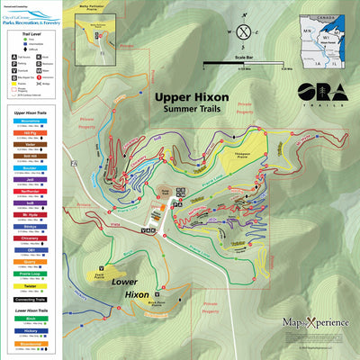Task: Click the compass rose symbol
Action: pyautogui.click(x=244, y=31)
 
